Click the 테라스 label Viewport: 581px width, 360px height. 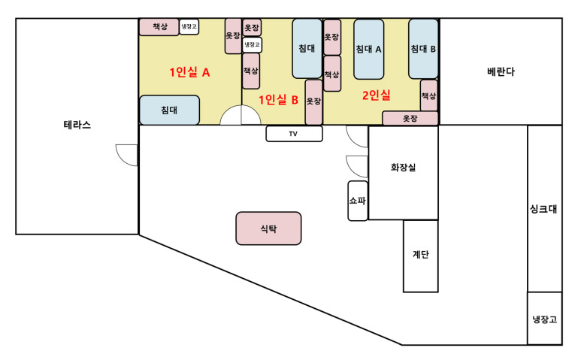pos(77,125)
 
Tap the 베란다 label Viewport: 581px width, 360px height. pos(501,71)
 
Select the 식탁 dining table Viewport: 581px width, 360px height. pos(268,228)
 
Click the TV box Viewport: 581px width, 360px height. pos(294,134)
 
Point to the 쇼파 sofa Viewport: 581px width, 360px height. pos(358,201)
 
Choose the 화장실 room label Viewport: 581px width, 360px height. pos(403,168)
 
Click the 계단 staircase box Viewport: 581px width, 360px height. pos(421,256)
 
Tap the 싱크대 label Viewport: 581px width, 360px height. pos(543,209)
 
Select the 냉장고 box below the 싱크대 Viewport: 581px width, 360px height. pos(544,319)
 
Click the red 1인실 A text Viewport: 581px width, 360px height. pos(189,72)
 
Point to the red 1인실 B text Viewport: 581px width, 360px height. pos(278,100)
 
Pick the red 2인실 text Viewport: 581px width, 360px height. pos(376,95)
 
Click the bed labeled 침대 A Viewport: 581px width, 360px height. pos(368,50)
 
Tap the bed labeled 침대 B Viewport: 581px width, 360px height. pos(423,49)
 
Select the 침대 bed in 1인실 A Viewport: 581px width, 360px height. pos(169,110)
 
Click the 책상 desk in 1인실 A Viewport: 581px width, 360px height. pos(159,27)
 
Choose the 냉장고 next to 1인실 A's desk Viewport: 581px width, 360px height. pos(189,26)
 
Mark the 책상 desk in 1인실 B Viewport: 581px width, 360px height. pos(251,71)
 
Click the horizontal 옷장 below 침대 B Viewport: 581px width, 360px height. pos(410,118)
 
